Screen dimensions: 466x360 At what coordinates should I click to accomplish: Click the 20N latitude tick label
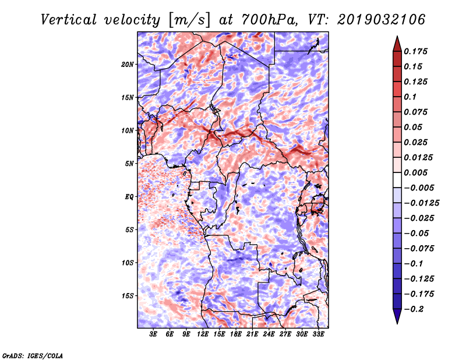pyautogui.click(x=127, y=64)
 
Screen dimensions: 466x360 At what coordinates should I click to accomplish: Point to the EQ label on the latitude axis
pyautogui.click(x=129, y=197)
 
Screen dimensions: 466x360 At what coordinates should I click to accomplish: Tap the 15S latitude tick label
pyautogui.click(x=127, y=296)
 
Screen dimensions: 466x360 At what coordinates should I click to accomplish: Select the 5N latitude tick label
pyautogui.click(x=129, y=164)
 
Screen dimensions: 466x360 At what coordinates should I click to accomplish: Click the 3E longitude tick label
pyautogui.click(x=153, y=334)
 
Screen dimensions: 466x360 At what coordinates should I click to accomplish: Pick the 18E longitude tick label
pyautogui.click(x=236, y=334)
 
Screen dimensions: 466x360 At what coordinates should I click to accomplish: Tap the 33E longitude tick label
pyautogui.click(x=318, y=334)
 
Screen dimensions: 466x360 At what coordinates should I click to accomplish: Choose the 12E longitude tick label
pyautogui.click(x=203, y=334)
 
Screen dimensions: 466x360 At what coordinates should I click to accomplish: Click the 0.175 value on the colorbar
pyautogui.click(x=415, y=51)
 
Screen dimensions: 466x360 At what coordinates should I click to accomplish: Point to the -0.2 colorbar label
pyautogui.click(x=414, y=309)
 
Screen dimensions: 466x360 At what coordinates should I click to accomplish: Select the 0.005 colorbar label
pyautogui.click(x=415, y=172)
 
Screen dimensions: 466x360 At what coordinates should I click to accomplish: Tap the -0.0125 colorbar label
pyautogui.click(x=421, y=203)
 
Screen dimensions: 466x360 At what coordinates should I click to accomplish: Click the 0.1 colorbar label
pyautogui.click(x=410, y=97)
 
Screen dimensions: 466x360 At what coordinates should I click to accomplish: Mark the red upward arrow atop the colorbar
pyautogui.click(x=397, y=44)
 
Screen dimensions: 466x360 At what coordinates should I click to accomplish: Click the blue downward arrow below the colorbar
pyautogui.click(x=397, y=316)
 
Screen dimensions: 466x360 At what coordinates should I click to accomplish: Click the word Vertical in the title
pyautogui.click(x=69, y=20)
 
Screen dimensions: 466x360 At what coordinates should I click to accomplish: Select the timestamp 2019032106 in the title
pyautogui.click(x=382, y=20)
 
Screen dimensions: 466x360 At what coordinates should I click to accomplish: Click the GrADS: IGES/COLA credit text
pyautogui.click(x=33, y=355)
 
